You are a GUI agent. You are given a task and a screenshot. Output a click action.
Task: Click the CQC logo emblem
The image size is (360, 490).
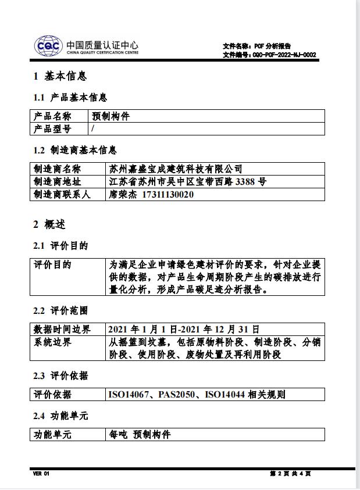[48, 45]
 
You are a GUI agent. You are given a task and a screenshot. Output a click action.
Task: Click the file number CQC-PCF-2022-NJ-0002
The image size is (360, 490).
[284, 55]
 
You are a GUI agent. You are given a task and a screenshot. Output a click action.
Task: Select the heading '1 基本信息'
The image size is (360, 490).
[60, 76]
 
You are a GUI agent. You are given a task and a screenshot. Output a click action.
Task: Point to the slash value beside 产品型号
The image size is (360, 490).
[93, 129]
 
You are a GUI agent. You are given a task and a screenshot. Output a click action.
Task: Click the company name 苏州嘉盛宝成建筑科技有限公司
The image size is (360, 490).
[176, 169]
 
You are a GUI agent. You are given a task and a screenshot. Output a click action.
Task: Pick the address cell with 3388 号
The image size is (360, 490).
[188, 182]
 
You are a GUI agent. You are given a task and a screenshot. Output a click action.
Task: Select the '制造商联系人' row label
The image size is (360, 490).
[62, 195]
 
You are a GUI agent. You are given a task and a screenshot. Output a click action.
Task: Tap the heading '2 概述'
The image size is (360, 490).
[49, 224]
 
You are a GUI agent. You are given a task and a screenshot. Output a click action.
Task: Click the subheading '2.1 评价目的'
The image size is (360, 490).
[60, 246]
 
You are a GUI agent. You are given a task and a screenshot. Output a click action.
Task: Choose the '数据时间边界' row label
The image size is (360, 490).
[62, 330]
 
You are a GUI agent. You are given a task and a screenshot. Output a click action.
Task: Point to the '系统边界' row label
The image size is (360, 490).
[52, 342]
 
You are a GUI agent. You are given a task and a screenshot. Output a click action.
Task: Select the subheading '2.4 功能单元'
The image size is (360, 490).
[60, 416]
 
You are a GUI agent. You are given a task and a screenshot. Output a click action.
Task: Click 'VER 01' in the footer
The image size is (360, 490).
[41, 474]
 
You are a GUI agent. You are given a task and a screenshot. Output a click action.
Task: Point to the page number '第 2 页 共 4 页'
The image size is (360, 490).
[290, 474]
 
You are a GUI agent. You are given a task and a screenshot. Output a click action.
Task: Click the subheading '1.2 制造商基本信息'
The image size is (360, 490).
[75, 150]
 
